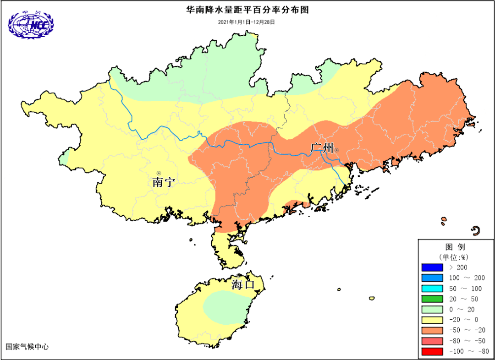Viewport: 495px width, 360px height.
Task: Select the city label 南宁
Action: point(164,182)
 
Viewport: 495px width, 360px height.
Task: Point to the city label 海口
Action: point(242,284)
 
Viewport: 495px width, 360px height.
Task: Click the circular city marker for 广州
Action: point(336,150)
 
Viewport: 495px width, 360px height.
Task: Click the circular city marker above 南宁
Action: point(159,173)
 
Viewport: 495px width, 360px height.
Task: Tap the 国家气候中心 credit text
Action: point(27,347)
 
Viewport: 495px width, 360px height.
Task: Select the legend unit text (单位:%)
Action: point(455,256)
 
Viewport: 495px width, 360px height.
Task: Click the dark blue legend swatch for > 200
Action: point(432,267)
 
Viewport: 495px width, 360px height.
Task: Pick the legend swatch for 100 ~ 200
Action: point(432,278)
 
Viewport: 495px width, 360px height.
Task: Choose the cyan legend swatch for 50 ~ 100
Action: point(432,289)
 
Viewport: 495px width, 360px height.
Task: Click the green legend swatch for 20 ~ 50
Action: point(432,299)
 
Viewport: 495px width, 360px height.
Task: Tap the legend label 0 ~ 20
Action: point(463,310)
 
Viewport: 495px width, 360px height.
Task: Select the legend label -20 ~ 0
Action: point(463,320)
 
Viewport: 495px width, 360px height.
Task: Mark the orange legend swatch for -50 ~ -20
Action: point(432,331)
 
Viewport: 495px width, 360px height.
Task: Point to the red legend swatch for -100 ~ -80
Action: point(432,352)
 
